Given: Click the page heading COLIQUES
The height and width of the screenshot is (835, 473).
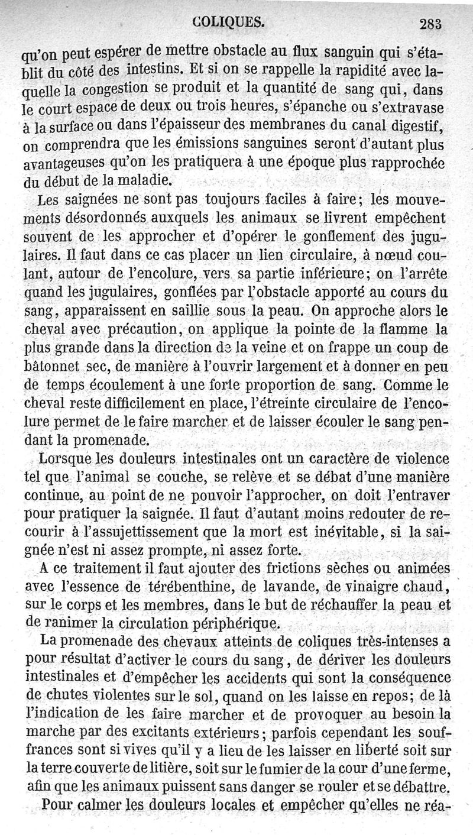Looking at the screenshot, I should [x=228, y=22].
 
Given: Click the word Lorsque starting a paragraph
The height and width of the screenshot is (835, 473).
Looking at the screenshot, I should [x=66, y=459].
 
